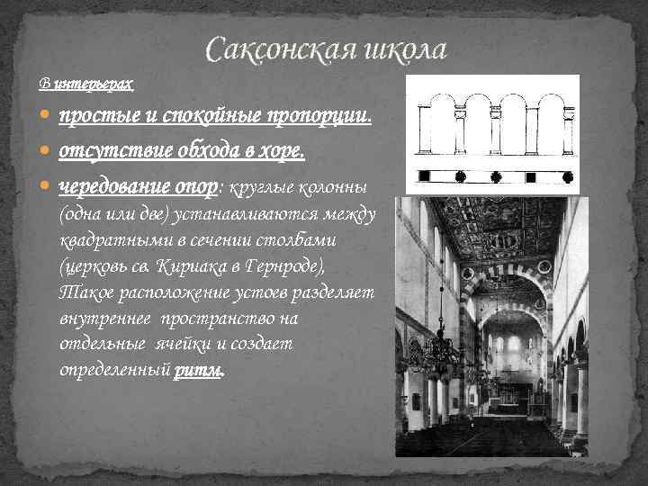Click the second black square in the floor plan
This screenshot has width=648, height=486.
coord(496,175)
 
